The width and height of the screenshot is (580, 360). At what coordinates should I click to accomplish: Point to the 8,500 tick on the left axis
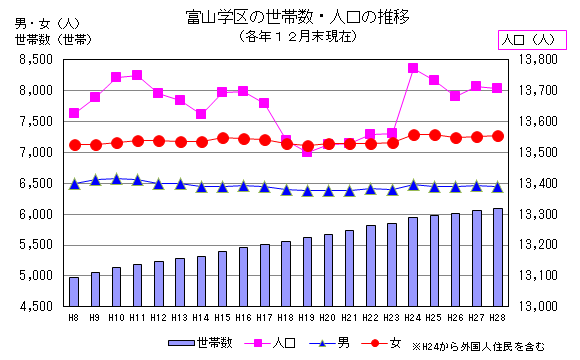34,60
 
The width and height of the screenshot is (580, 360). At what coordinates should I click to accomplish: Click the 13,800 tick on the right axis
542,60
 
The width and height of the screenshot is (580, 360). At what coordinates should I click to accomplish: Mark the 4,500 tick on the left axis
34,307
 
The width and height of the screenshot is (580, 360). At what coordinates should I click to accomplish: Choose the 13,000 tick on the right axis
542,307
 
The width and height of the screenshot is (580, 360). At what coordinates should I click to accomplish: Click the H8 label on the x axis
74,318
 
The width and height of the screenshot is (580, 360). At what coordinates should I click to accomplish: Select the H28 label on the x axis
497,318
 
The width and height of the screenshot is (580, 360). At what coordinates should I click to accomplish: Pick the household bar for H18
286,273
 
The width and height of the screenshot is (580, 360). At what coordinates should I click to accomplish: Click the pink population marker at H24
413,68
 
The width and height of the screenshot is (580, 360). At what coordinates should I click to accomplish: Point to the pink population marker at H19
307,151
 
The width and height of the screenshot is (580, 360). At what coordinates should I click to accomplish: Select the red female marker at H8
74,145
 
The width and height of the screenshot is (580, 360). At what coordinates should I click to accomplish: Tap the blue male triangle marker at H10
116,179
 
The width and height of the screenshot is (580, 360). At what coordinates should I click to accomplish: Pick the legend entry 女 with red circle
385,343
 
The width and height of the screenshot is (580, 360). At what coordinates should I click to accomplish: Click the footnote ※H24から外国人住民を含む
481,346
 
